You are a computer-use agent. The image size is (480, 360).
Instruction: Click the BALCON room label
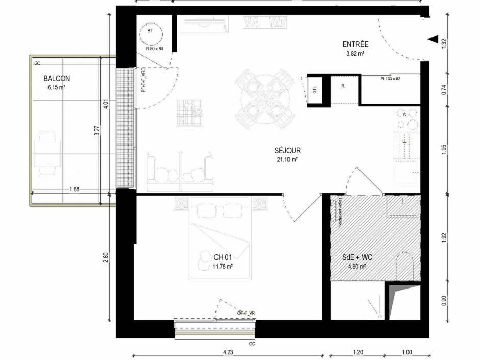pos(57,79)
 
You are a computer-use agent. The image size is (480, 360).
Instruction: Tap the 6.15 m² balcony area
pos(56,87)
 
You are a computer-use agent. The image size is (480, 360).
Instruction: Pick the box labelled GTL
pos(315,90)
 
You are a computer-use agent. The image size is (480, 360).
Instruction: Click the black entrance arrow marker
pos(433,39)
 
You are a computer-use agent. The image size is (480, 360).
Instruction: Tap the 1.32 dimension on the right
pos(444,43)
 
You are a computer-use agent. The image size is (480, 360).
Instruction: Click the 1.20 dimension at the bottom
pos(358,352)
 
